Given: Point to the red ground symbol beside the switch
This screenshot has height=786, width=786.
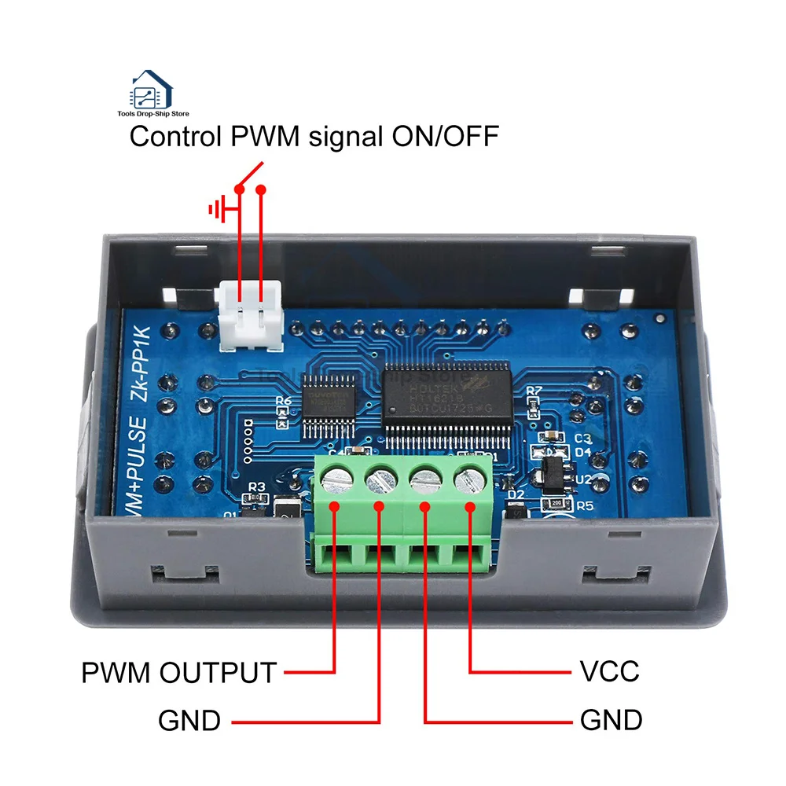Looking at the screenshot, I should pos(219,209).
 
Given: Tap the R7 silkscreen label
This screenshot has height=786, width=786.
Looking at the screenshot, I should pos(534,390).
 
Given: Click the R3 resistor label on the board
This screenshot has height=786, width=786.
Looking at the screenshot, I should pos(255,487).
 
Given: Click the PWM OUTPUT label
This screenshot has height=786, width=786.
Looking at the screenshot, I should pos(179,673).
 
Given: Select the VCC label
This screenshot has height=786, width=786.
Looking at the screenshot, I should pos(609,672).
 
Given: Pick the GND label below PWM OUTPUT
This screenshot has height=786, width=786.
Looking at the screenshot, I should pos(189,720).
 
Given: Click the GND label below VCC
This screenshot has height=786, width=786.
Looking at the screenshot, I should pos(611,720).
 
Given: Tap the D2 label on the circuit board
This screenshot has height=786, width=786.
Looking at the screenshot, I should pos(516,494).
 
